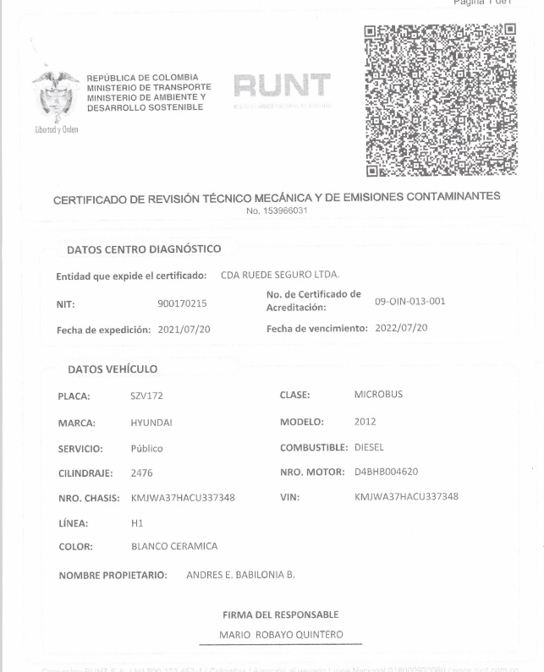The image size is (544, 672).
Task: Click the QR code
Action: [x=439, y=100]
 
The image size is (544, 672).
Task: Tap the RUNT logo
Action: [x=282, y=87]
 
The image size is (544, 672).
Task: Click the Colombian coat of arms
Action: [x=55, y=97]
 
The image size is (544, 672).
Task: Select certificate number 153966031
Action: [x=277, y=210]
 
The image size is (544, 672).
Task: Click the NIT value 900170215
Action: [x=182, y=303]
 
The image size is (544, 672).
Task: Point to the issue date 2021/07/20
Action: [x=184, y=329]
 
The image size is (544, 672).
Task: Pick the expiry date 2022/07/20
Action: [x=401, y=328]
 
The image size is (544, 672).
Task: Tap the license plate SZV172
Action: [x=146, y=396]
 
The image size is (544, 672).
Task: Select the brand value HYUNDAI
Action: [x=151, y=422]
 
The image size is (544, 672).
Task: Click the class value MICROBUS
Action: [x=378, y=395]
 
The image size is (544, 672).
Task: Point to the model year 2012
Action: [x=365, y=421]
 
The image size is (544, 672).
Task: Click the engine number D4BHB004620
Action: [x=387, y=472]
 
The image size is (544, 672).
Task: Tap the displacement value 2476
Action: [x=142, y=473]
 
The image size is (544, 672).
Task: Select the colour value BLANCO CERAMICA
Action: [x=174, y=546]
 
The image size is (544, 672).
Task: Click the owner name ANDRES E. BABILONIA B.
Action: [x=240, y=575]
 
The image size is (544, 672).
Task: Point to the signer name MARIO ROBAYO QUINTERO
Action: [x=281, y=634]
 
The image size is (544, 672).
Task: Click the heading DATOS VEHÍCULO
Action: [x=113, y=369]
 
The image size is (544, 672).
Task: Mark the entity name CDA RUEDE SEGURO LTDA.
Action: [x=279, y=276]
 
